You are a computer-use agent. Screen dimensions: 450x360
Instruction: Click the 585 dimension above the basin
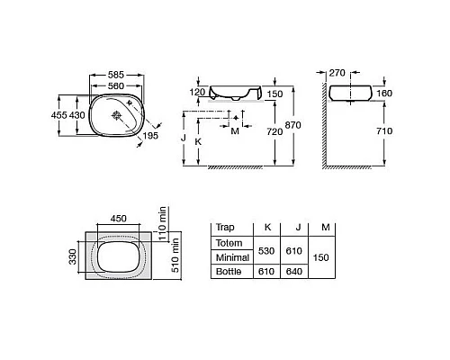coord(116,75)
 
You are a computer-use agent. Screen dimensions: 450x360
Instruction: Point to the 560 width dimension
coord(116,86)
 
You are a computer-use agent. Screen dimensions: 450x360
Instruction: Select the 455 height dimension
coord(59,115)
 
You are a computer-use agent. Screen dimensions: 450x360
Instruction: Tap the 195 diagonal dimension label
coord(150,136)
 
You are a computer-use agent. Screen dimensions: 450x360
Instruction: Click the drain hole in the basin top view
coord(116,115)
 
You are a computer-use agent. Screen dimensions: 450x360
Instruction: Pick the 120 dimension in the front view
coord(197,92)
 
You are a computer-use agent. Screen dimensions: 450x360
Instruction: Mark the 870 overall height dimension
coord(292,125)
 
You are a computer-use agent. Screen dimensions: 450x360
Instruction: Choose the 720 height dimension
coord(274,131)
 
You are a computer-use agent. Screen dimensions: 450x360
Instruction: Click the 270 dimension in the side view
coord(337,73)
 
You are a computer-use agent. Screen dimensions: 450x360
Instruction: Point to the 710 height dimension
coord(384,130)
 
